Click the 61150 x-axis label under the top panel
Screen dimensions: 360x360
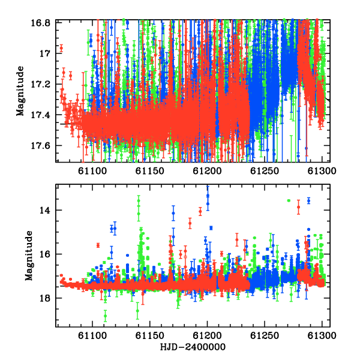point(149,171)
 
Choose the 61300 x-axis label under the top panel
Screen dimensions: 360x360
point(322,171)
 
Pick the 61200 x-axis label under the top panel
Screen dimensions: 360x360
point(207,171)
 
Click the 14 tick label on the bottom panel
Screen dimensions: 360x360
point(44,210)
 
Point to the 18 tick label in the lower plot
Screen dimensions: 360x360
point(44,298)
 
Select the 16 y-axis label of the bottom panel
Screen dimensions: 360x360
point(44,254)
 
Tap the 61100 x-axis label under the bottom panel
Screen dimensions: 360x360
point(92,335)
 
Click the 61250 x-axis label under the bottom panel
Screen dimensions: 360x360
point(265,335)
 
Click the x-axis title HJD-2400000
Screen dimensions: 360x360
point(193,347)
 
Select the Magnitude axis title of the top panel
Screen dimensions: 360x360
point(20,91)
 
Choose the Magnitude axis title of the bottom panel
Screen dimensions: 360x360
point(29,256)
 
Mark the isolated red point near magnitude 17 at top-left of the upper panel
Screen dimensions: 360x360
point(61,49)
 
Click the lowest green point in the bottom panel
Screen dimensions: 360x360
point(105,316)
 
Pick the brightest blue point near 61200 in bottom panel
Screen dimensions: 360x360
point(208,196)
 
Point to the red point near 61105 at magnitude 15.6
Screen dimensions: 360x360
point(98,245)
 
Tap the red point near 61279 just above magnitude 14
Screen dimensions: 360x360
point(298,207)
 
